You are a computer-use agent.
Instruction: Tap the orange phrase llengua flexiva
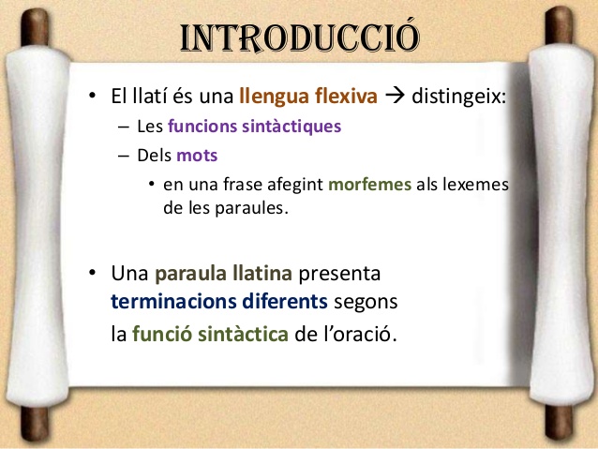coord(308,96)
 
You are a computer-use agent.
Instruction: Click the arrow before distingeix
coord(395,96)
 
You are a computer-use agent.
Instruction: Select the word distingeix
coord(458,96)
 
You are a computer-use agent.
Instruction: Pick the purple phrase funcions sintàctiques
coord(254,127)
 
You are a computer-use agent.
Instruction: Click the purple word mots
coord(197,156)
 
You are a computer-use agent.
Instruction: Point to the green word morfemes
coord(370,185)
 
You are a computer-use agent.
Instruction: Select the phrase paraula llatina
coord(223,273)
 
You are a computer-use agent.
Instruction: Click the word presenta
coord(339,274)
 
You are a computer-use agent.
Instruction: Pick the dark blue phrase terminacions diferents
coord(219,301)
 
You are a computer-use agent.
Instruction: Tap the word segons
coord(366,302)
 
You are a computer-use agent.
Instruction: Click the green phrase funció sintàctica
coord(210,335)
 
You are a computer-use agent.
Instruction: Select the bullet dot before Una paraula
coord(92,273)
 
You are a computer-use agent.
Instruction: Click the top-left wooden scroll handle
coord(35,26)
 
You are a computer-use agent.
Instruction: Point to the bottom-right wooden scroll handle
coord(559,423)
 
